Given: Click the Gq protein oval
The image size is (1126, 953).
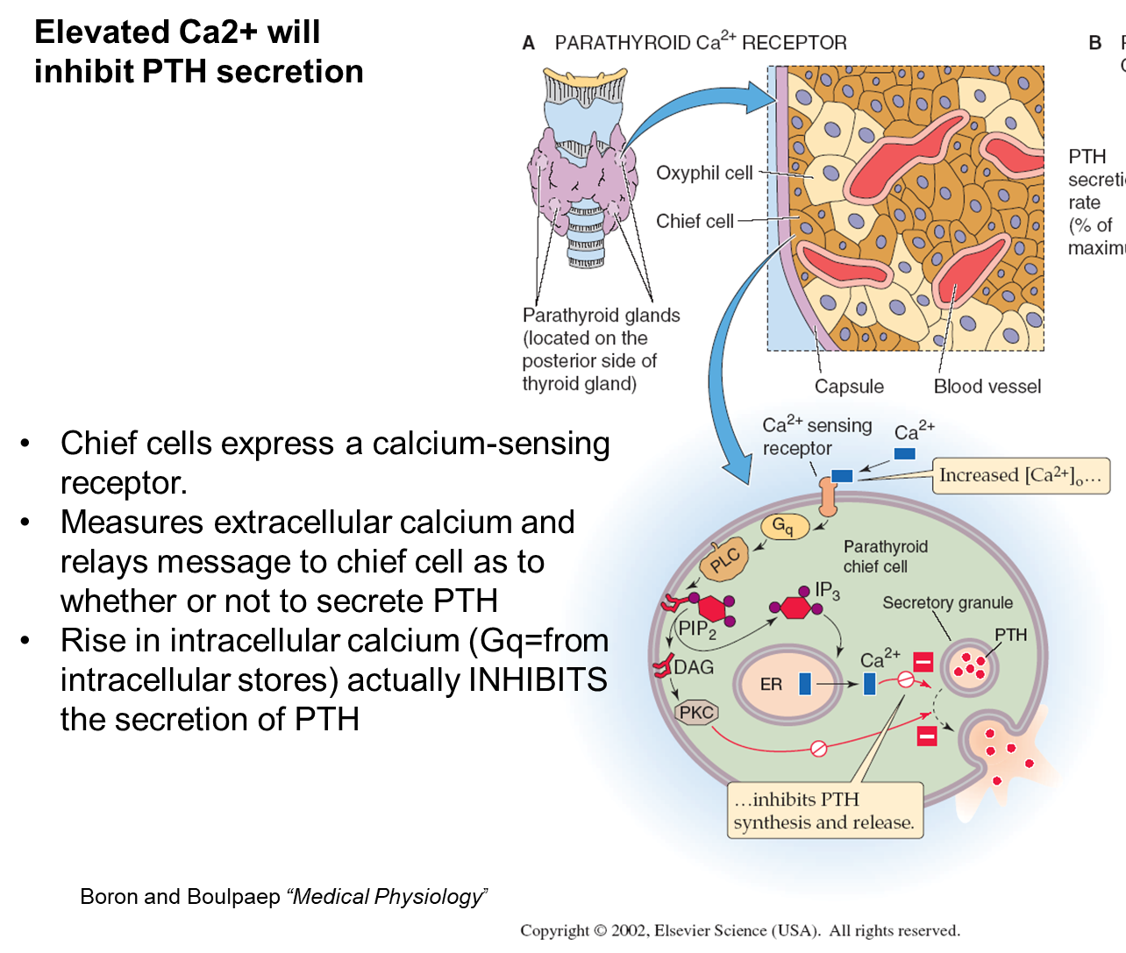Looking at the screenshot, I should click(784, 526).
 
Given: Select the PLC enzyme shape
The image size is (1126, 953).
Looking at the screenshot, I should click(726, 559).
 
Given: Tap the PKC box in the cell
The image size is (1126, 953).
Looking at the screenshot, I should click(697, 713).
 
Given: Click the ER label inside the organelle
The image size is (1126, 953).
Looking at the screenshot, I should click(771, 685).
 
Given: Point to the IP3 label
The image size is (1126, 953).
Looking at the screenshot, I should click(827, 591).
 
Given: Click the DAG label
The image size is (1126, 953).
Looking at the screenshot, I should click(694, 667).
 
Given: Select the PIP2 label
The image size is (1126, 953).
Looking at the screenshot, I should click(697, 629).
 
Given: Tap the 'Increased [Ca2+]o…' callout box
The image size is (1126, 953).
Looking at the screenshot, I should click(1021, 476).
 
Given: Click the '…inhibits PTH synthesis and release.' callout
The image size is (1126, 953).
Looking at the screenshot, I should click(824, 811).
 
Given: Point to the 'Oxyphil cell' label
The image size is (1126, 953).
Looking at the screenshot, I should click(704, 173).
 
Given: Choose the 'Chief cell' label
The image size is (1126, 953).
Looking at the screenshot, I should click(695, 221).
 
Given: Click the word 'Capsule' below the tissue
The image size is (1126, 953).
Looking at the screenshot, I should click(849, 387).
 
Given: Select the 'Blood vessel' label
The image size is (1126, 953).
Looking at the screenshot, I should click(987, 387).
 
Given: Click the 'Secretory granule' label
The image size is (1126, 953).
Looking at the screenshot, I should click(947, 603).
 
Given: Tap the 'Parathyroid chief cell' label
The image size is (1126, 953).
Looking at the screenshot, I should click(885, 557).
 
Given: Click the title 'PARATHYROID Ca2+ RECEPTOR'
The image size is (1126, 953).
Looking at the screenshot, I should click(701, 43).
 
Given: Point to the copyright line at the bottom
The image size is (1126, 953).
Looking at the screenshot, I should click(740, 931).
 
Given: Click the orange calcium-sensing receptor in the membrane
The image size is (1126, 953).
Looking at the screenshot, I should click(828, 497).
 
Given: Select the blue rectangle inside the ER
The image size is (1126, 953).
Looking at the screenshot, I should click(805, 685).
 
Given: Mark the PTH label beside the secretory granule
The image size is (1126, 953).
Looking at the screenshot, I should click(1010, 635).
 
